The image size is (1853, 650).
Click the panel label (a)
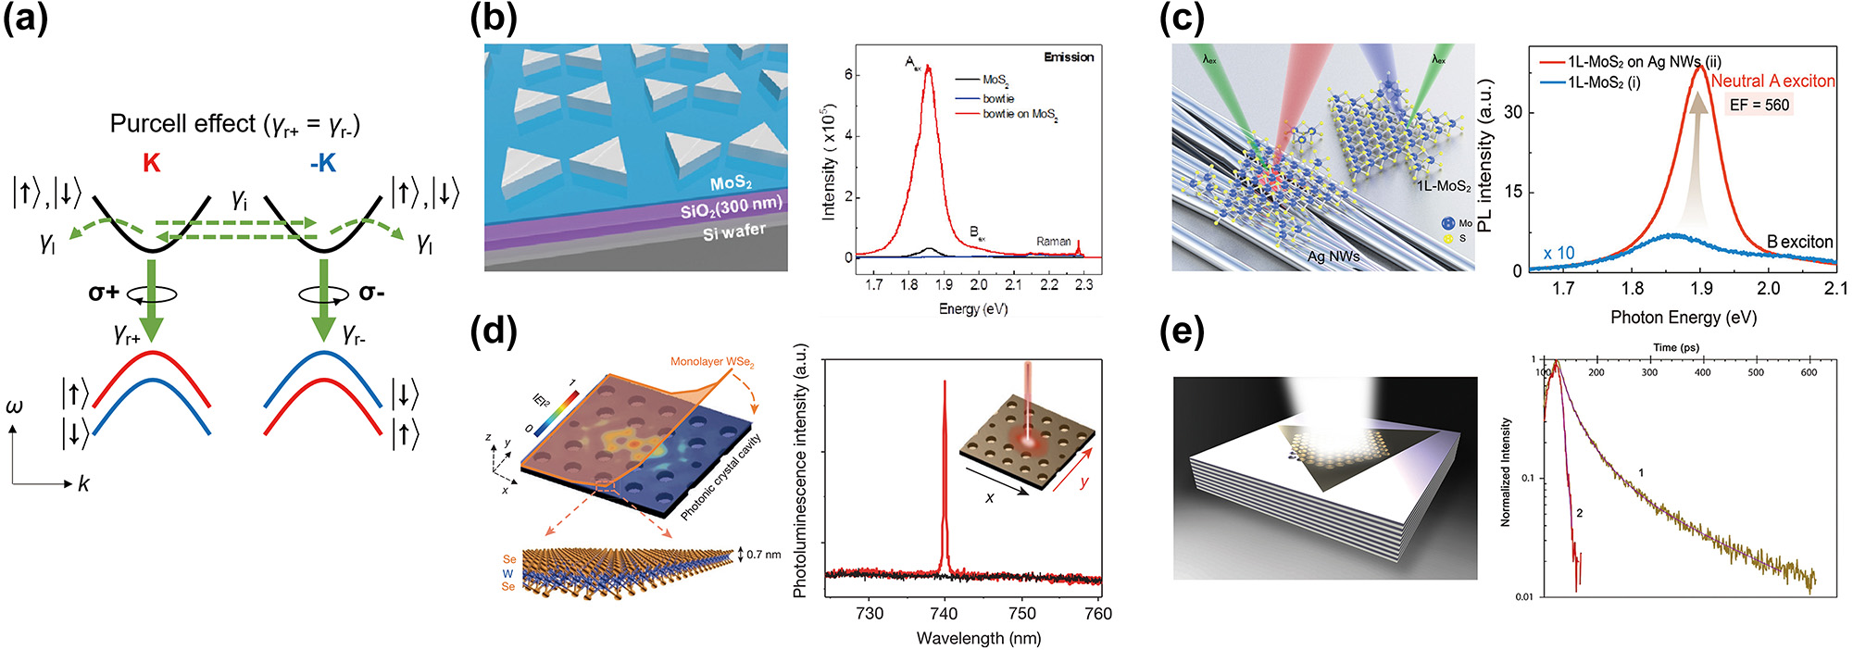pyautogui.click(x=26, y=19)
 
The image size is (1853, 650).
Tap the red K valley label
pyautogui.click(x=151, y=163)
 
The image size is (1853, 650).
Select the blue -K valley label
pyautogui.click(x=322, y=163)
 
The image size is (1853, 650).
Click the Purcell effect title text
pyautogui.click(x=235, y=124)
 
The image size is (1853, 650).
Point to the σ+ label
pyautogui.click(x=104, y=293)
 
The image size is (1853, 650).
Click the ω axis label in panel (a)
pyautogui.click(x=14, y=406)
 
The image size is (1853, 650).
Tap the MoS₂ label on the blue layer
pyautogui.click(x=731, y=182)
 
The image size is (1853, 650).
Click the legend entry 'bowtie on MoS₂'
pyautogui.click(x=1020, y=114)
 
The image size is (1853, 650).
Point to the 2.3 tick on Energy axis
pyautogui.click(x=1083, y=285)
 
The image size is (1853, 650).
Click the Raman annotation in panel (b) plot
pyautogui.click(x=1053, y=242)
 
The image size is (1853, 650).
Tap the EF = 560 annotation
pyautogui.click(x=1759, y=105)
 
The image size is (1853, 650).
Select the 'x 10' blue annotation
pyautogui.click(x=1559, y=254)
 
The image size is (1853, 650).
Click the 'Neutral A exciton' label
pyautogui.click(x=1772, y=81)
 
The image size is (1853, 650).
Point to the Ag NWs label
pyautogui.click(x=1333, y=256)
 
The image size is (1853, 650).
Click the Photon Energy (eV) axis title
pyautogui.click(x=1683, y=318)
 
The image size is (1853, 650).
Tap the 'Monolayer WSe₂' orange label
pyautogui.click(x=712, y=362)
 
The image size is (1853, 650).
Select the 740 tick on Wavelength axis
pyautogui.click(x=944, y=614)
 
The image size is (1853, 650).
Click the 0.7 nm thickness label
pyautogui.click(x=763, y=555)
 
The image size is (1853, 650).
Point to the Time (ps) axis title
pyautogui.click(x=1676, y=347)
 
